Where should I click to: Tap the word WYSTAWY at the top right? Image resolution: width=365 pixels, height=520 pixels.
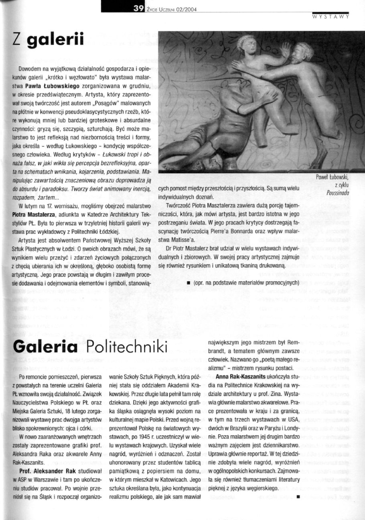pyautogui.click(x=330, y=17)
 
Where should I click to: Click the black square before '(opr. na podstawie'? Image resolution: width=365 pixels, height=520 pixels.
pyautogui.click(x=189, y=283)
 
